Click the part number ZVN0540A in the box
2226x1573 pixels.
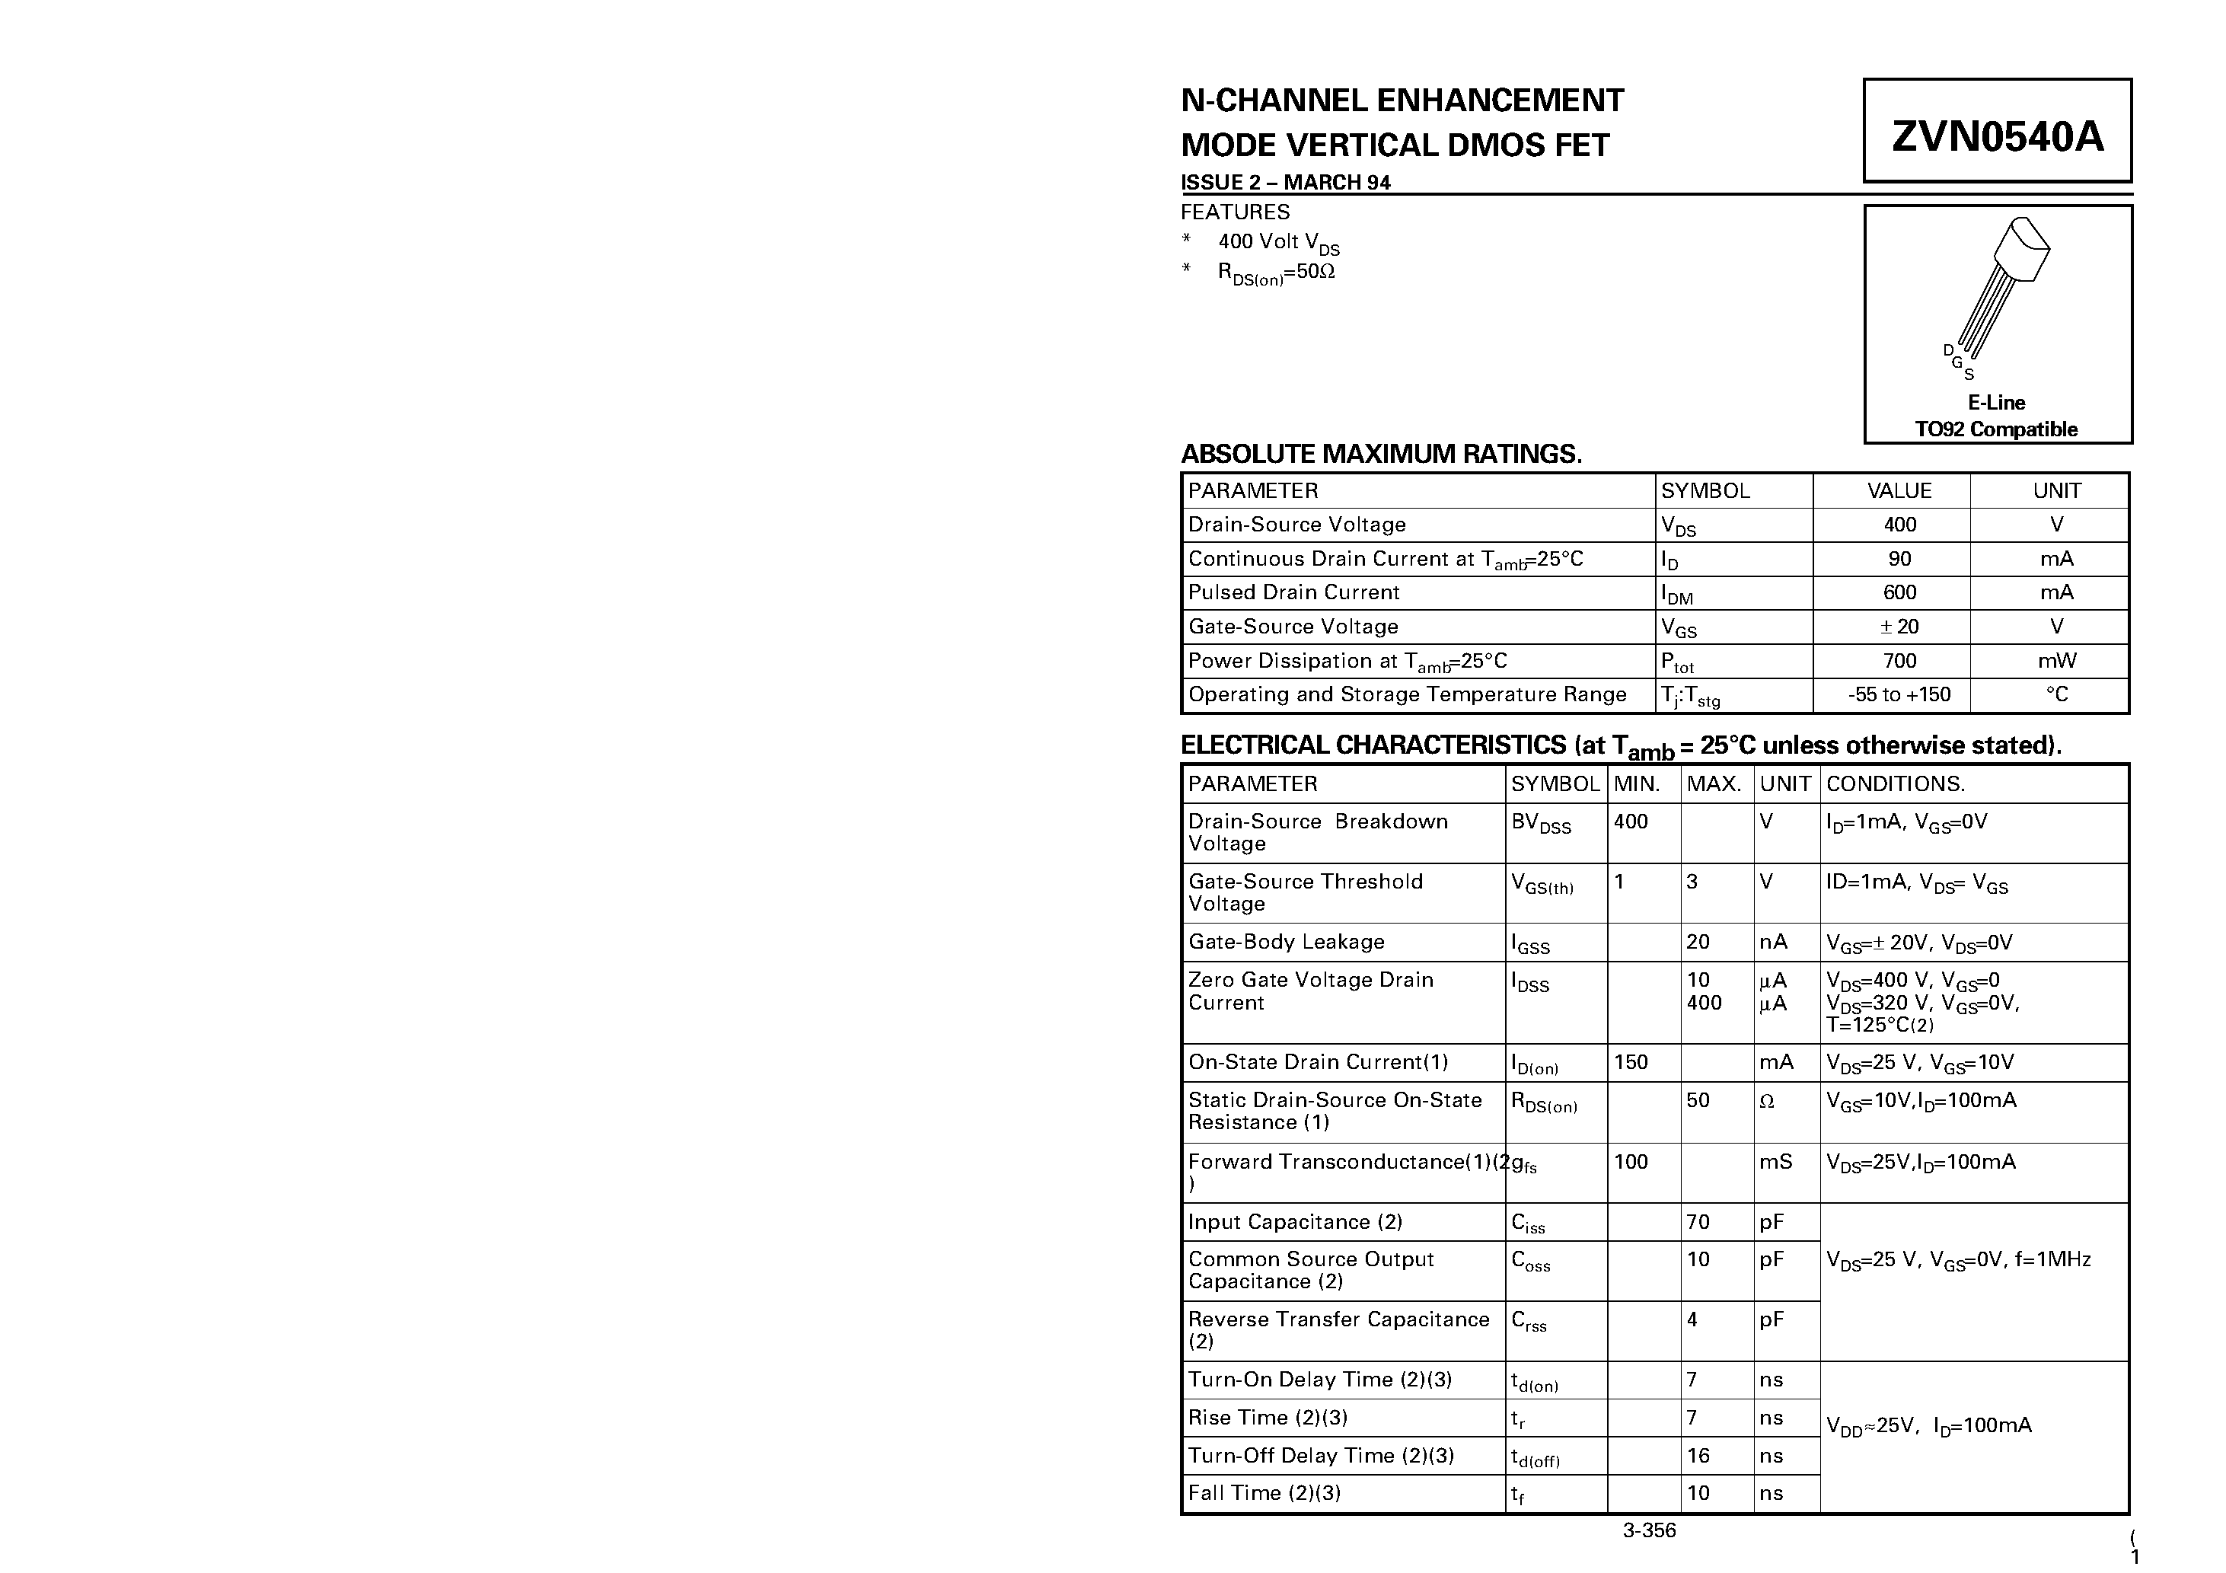(1997, 136)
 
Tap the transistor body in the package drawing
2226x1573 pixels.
(2020, 249)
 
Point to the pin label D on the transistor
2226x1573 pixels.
(1947, 350)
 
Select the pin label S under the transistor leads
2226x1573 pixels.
(1969, 375)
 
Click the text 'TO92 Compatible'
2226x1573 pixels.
(1996, 429)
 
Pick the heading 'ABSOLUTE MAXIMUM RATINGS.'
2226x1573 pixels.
(1380, 454)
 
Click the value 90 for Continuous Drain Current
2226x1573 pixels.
(1899, 559)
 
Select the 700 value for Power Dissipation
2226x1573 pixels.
(1899, 660)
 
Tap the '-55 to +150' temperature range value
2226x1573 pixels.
(1899, 694)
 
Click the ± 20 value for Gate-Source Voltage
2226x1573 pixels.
(1899, 627)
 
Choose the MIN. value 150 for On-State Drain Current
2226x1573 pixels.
(1631, 1062)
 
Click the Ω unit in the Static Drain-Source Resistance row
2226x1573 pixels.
(1766, 1102)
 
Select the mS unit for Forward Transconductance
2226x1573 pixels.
(1775, 1162)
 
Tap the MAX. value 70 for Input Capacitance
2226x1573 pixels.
(1698, 1222)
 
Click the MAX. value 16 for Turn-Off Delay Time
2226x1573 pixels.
(1698, 1456)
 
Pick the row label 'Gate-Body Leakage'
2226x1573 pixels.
(1286, 942)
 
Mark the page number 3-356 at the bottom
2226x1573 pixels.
(1649, 1531)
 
